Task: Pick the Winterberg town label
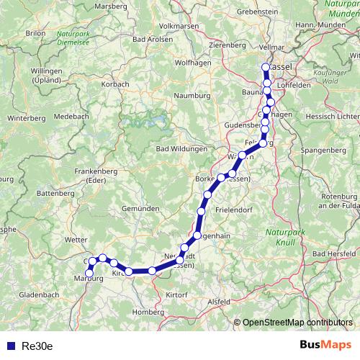pyautogui.click(x=25, y=117)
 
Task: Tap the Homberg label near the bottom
pyautogui.click(x=148, y=312)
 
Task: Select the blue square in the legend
pyautogui.click(x=9, y=346)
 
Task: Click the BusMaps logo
pyautogui.click(x=325, y=345)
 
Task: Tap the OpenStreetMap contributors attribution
pyautogui.click(x=297, y=323)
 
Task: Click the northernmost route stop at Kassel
pyautogui.click(x=266, y=68)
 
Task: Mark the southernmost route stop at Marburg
pyautogui.click(x=89, y=271)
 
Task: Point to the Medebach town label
pyautogui.click(x=71, y=115)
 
